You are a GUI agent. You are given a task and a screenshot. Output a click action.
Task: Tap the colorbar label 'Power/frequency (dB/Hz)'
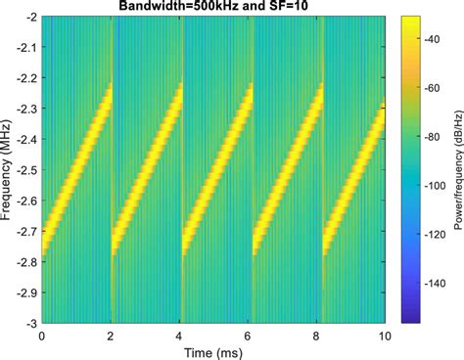456,170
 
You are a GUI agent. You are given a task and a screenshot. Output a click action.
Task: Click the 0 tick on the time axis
42,334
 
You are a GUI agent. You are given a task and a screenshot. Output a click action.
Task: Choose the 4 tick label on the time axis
180,334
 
